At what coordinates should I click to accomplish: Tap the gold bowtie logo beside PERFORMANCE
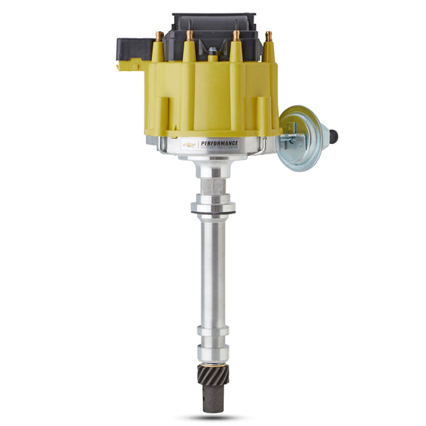coord(189,145)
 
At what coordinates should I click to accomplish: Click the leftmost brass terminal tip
coord(161,36)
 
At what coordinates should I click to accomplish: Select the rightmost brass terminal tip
coord(269,36)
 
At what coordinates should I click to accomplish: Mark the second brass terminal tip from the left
coord(190,35)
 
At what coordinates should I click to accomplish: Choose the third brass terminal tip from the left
coord(236,35)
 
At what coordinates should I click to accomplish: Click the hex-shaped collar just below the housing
coord(213,189)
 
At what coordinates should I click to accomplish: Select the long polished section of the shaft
coord(213,272)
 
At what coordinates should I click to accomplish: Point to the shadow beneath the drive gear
coord(212,417)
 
